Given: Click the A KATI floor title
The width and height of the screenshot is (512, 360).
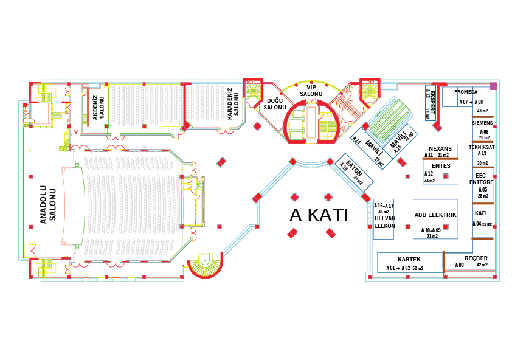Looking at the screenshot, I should [x=319, y=215].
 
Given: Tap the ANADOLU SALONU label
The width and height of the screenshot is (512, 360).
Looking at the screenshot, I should [x=48, y=205].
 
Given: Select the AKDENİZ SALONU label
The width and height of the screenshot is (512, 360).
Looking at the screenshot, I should [x=98, y=107].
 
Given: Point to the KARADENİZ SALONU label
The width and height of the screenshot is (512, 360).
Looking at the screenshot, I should [x=234, y=103].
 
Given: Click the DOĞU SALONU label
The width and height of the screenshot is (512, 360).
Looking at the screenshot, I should [x=275, y=104].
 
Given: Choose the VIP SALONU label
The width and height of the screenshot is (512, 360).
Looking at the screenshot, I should [x=311, y=91].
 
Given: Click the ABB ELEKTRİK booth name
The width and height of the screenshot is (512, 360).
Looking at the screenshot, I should [x=435, y=215].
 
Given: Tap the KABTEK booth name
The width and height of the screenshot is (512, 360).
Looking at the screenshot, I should [x=409, y=260].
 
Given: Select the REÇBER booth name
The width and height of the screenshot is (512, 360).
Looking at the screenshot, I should [x=476, y=258].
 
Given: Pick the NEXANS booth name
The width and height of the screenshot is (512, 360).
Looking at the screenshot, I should [x=440, y=148].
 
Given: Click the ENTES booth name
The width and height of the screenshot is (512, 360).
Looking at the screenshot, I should [x=440, y=165].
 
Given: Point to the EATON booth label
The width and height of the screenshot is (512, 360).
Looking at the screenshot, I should [x=353, y=168].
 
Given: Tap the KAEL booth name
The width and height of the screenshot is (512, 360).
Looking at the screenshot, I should [x=481, y=214].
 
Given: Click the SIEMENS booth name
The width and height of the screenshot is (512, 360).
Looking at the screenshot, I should [x=482, y=123].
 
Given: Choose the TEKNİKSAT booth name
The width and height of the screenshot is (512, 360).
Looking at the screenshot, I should [x=481, y=147].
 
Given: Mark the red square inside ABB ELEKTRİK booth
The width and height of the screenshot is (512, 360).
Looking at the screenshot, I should [x=446, y=226].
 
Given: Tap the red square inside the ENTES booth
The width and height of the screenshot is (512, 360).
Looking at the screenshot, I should [x=446, y=176].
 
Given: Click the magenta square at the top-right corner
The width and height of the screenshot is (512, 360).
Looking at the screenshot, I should [x=493, y=86].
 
